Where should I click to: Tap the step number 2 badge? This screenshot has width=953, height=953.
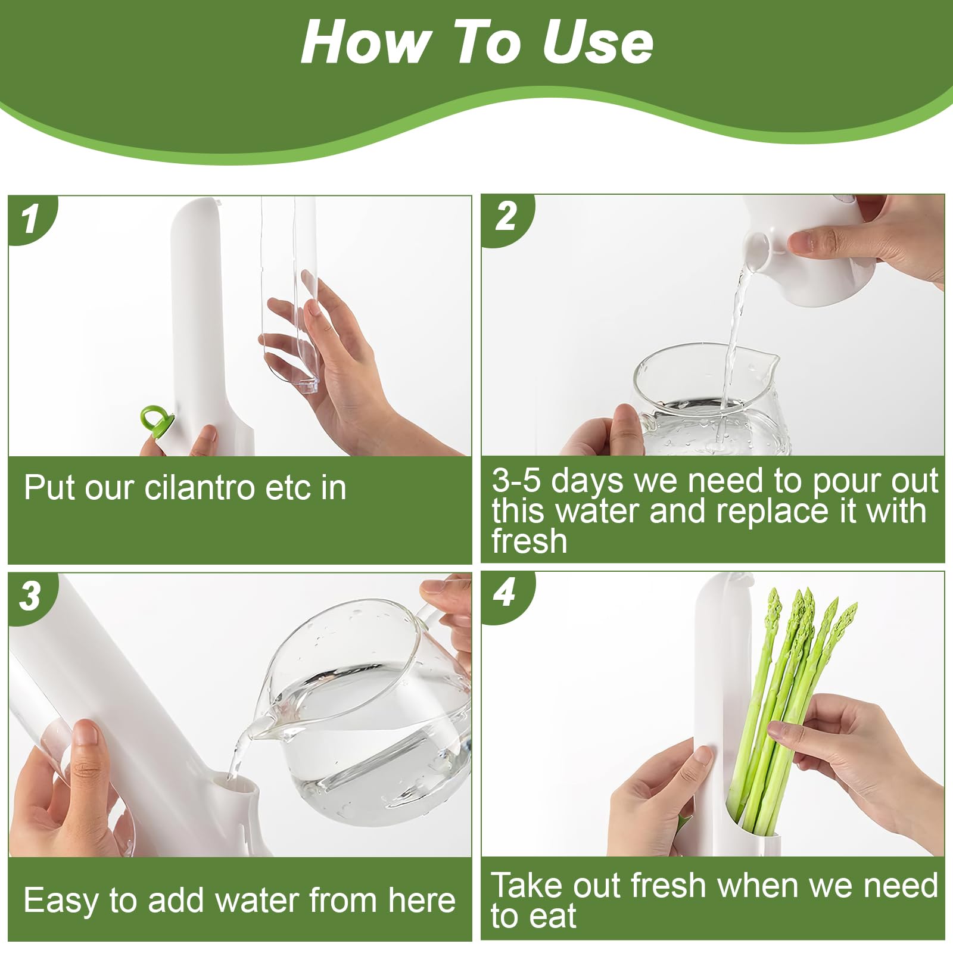[506, 217]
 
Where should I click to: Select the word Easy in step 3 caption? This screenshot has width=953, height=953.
[59, 901]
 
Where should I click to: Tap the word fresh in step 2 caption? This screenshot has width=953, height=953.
[530, 541]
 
